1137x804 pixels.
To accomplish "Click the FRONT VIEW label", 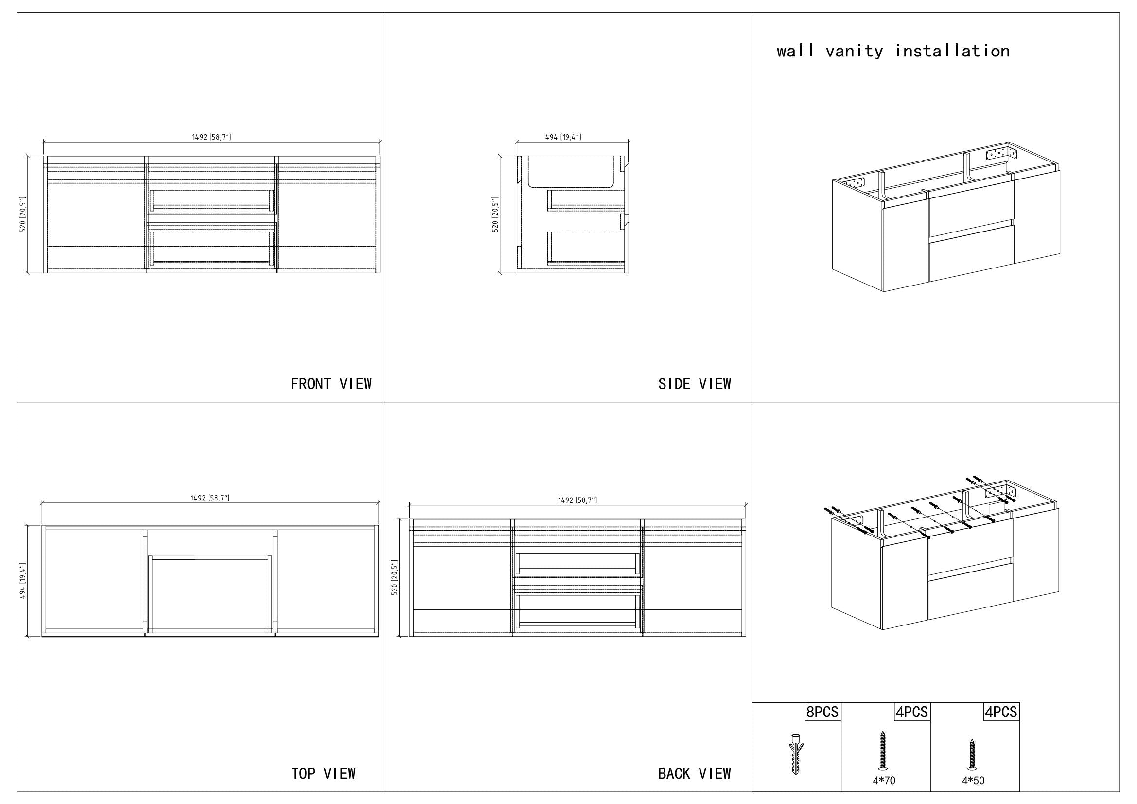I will [x=331, y=384].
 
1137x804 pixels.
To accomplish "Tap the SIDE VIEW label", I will [x=694, y=384].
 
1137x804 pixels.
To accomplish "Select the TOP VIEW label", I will [x=323, y=773].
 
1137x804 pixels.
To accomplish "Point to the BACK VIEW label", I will [x=694, y=773].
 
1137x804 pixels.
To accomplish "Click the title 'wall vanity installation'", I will [x=893, y=51].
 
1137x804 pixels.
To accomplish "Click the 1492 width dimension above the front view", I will [x=211, y=137].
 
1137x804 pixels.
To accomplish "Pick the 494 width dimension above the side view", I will [x=563, y=137].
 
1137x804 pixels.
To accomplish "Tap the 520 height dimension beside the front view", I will [x=22, y=214].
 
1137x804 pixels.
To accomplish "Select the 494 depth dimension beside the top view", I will [x=22, y=581].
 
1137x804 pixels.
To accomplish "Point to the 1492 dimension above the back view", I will [x=577, y=500].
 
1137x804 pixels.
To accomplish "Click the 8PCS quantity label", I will [x=822, y=712].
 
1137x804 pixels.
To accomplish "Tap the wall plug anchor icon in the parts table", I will [x=795, y=753].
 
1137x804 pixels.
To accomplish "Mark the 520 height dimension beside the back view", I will [x=395, y=578].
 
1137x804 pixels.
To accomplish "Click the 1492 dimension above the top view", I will [x=210, y=498].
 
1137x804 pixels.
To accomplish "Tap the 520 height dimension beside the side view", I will [x=495, y=214].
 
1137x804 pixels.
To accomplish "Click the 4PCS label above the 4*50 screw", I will [x=1001, y=712].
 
